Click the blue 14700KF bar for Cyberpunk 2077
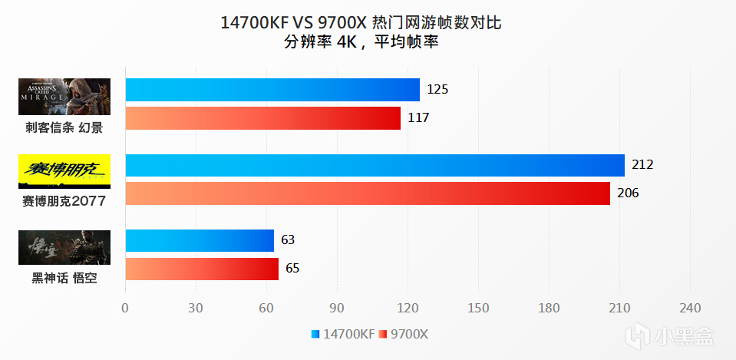(x=375, y=166)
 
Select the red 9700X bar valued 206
(x=367, y=193)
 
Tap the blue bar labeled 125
(x=272, y=90)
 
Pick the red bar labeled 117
(x=262, y=118)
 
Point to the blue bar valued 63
(x=200, y=241)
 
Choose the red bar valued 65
(x=202, y=269)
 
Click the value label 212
(x=642, y=165)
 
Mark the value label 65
(x=292, y=269)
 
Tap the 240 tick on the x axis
(x=690, y=309)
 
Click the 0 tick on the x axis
(x=125, y=309)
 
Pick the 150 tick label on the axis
(x=477, y=309)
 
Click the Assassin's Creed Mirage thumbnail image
(x=64, y=97)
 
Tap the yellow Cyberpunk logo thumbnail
(x=64, y=171)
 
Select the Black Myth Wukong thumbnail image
(x=64, y=247)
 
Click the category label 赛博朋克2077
(x=64, y=201)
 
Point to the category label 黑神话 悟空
(x=64, y=278)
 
